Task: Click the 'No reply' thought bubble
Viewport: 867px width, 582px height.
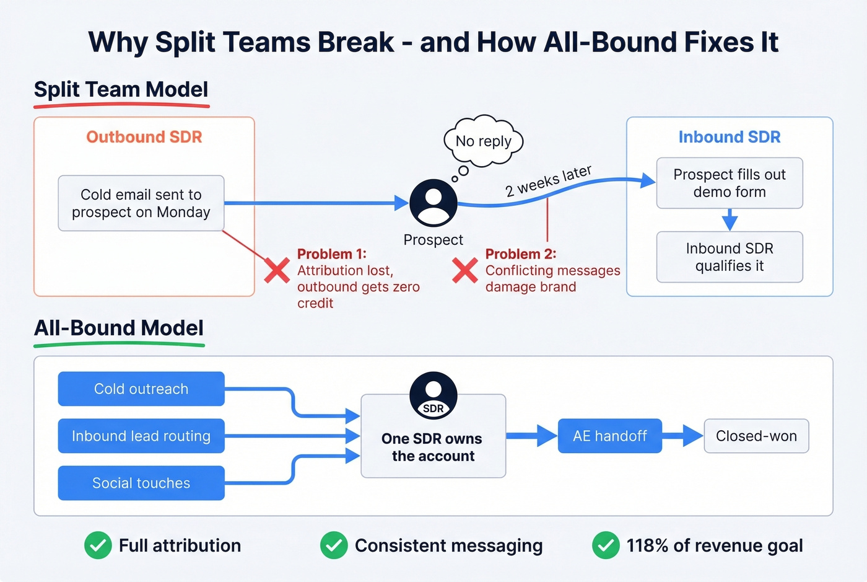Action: pos(484,141)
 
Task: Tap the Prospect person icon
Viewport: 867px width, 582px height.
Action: pos(434,203)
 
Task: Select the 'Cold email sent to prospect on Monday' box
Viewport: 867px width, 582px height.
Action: pos(141,203)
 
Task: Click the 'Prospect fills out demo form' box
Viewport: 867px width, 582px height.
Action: pos(730,183)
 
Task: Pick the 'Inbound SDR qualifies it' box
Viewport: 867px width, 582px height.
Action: pos(730,257)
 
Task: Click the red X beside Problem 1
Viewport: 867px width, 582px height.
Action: pos(277,270)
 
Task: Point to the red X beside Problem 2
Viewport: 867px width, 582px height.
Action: pos(464,270)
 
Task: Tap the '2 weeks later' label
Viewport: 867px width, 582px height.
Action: pos(548,181)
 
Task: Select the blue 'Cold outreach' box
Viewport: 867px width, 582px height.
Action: pos(141,389)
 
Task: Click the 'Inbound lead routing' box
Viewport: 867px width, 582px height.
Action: pos(141,436)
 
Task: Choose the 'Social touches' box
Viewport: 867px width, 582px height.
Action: pos(141,483)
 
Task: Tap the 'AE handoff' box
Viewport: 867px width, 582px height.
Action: pos(610,436)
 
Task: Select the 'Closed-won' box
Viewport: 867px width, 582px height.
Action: pos(756,436)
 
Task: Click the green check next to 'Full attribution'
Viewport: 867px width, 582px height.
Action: pos(98,545)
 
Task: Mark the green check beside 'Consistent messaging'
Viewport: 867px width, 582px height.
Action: pos(334,545)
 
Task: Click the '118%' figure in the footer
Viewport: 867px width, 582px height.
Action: pos(647,545)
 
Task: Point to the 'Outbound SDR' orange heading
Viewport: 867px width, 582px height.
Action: pos(144,137)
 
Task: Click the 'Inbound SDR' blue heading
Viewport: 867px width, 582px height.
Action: pos(730,137)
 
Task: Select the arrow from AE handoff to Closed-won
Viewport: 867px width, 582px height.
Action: pos(682,436)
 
